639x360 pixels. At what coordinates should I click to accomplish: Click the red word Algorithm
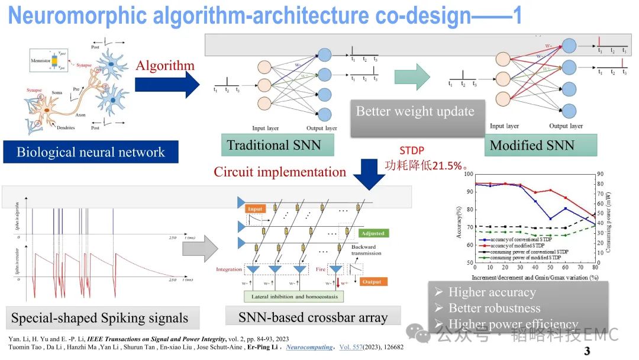click(x=165, y=66)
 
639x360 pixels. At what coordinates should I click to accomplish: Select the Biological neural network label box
click(x=91, y=152)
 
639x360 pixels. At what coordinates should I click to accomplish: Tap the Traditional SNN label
click(x=273, y=145)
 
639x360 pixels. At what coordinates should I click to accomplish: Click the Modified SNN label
click(x=532, y=145)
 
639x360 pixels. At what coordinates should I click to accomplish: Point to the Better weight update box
click(x=415, y=112)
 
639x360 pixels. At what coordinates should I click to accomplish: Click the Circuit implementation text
click(x=280, y=172)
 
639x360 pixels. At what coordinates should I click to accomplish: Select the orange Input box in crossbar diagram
click(x=255, y=209)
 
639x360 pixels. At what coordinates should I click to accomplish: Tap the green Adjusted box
click(x=373, y=233)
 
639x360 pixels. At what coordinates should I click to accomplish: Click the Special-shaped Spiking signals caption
click(x=99, y=318)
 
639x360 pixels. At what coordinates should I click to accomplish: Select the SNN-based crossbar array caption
click(x=313, y=317)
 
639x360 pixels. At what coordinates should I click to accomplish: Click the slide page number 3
click(x=587, y=350)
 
